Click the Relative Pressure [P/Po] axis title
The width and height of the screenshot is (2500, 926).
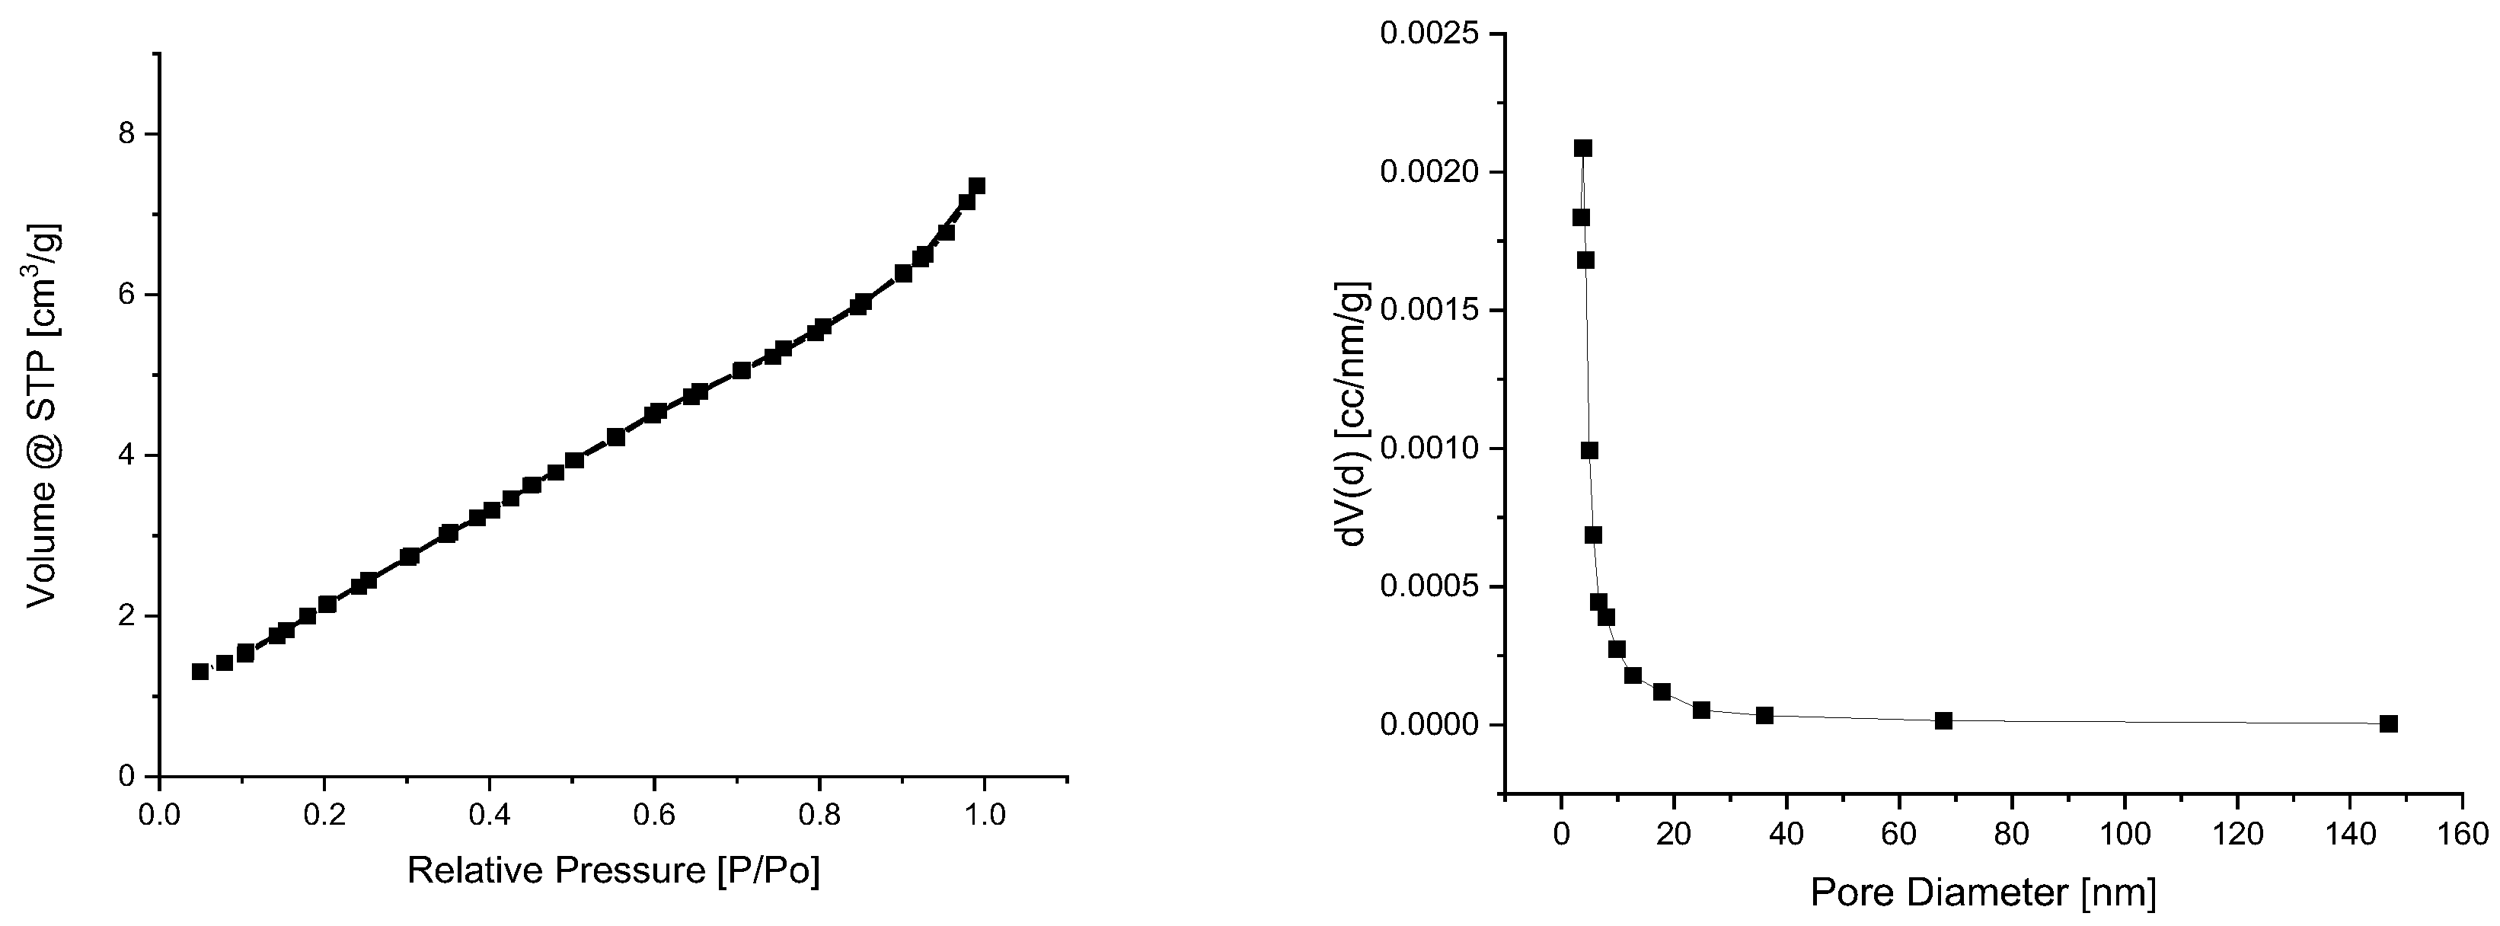tap(612, 870)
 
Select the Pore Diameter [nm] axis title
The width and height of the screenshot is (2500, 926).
tap(1983, 892)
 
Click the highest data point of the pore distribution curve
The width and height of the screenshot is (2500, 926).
tap(1583, 148)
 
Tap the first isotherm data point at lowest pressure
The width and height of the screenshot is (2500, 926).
tap(201, 672)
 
